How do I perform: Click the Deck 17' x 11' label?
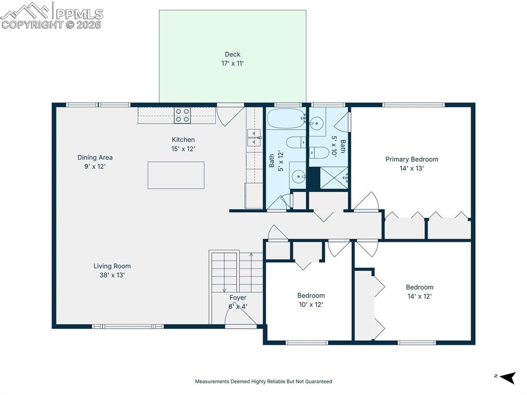tap(233, 59)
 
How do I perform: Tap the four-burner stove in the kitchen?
tap(182, 115)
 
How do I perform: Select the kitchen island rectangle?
tap(176, 175)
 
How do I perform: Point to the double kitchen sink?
tap(254, 138)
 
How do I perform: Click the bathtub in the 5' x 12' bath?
tap(286, 118)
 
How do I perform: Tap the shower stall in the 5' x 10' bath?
tap(335, 177)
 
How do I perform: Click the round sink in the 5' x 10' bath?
tap(317, 123)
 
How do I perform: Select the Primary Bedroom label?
tap(412, 163)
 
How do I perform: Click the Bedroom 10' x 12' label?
tap(311, 300)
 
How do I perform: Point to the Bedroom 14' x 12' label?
tap(419, 291)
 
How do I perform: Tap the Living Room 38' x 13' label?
tap(112, 270)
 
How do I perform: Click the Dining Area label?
tap(95, 162)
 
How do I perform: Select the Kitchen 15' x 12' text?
tap(183, 144)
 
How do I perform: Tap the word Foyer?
tap(238, 298)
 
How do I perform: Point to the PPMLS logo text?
tap(79, 14)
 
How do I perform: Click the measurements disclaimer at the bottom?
tap(263, 382)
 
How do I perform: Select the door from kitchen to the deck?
tap(230, 113)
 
